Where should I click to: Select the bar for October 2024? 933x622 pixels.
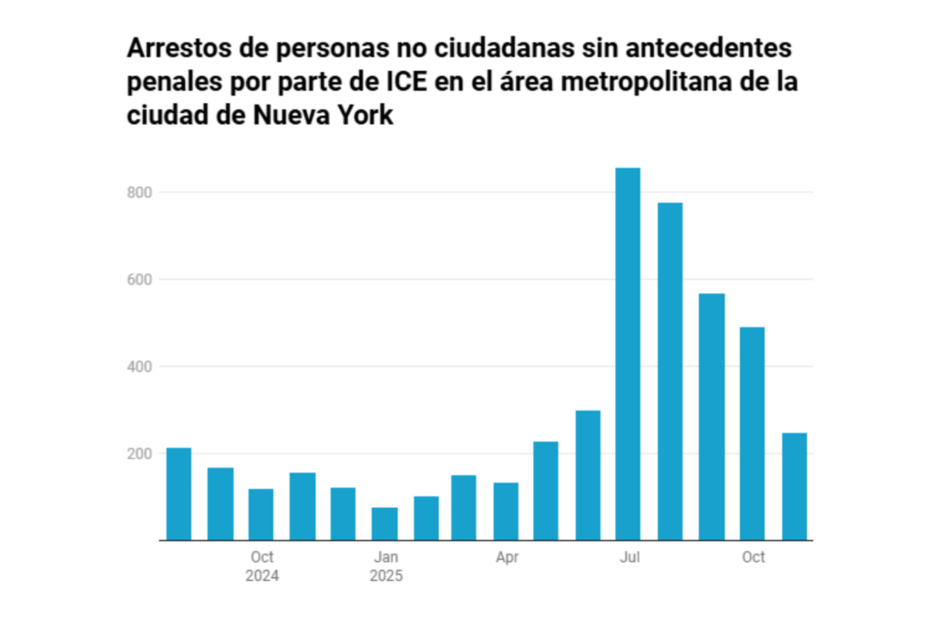coord(261,514)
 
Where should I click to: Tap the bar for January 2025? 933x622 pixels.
coord(384,523)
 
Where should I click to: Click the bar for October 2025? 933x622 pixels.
coord(752,433)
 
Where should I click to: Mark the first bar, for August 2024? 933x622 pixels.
coord(179,494)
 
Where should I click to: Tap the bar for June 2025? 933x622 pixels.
coord(588,474)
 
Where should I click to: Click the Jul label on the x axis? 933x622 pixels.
coord(629,557)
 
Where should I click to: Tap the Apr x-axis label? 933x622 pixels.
coord(508,557)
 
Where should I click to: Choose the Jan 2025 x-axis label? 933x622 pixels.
coord(385,566)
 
